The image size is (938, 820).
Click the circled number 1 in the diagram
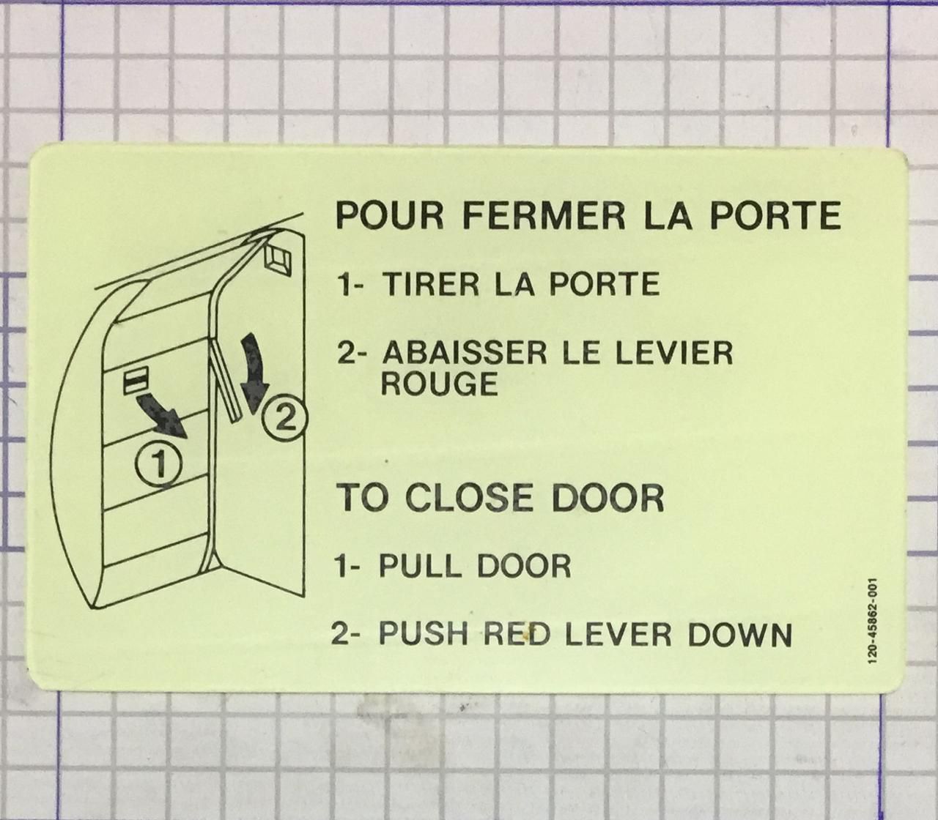point(158,463)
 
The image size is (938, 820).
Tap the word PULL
point(419,566)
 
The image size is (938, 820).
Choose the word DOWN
point(739,634)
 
